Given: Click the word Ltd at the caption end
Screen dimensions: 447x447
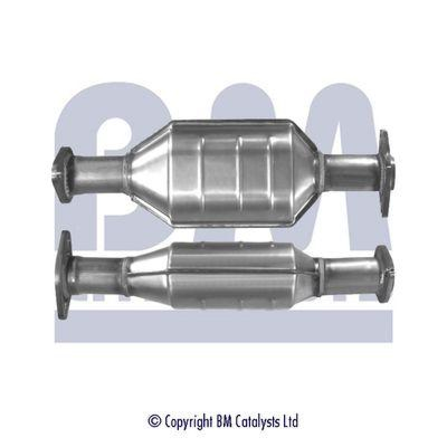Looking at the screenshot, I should [x=291, y=420].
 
